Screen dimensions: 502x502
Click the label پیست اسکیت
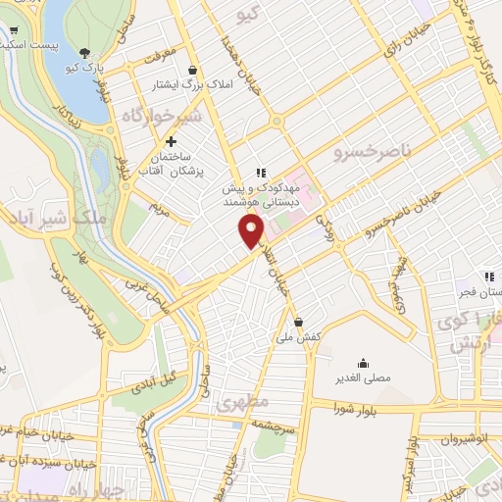(x=29, y=46)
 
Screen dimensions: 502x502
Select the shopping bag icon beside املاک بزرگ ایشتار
(x=190, y=71)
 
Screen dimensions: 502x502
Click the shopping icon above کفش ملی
(x=298, y=322)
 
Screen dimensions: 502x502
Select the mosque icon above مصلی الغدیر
(x=363, y=362)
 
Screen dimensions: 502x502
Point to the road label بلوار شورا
(x=355, y=405)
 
